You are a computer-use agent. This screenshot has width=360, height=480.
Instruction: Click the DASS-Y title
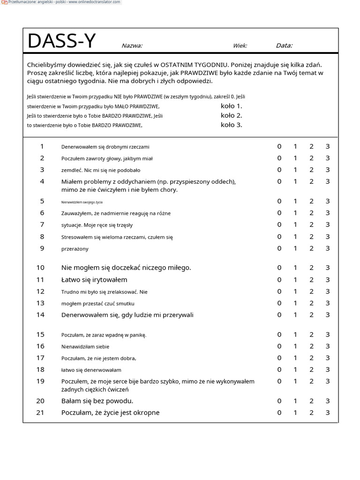point(61,41)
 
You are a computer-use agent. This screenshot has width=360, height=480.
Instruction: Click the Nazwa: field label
point(132,46)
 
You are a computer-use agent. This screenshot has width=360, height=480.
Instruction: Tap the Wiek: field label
point(240,46)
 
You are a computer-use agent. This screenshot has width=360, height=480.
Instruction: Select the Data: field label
point(284,45)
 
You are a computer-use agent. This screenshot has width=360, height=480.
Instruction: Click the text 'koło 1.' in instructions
point(231,106)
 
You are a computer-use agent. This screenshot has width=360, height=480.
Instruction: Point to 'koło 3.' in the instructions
point(231,125)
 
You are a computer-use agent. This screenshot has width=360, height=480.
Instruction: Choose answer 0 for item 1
point(279,146)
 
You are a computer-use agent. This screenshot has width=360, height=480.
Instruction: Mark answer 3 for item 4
point(328,181)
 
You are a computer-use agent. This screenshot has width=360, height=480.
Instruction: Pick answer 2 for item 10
point(311,268)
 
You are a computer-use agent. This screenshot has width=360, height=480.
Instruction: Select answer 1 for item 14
point(295,315)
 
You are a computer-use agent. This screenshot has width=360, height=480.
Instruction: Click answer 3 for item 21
point(328,412)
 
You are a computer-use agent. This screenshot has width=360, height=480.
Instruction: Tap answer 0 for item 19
point(279,381)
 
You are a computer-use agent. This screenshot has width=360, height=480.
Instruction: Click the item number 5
point(42,201)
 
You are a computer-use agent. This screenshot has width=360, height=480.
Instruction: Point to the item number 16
point(40,346)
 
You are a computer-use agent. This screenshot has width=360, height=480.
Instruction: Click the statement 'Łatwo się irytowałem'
point(94,280)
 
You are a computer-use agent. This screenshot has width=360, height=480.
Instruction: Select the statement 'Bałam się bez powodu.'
point(97,401)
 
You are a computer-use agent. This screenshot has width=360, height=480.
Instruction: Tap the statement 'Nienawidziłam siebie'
point(85,346)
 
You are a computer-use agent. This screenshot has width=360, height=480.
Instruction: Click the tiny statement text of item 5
point(82,202)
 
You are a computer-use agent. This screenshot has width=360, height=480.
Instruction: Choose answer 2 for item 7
point(311,225)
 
